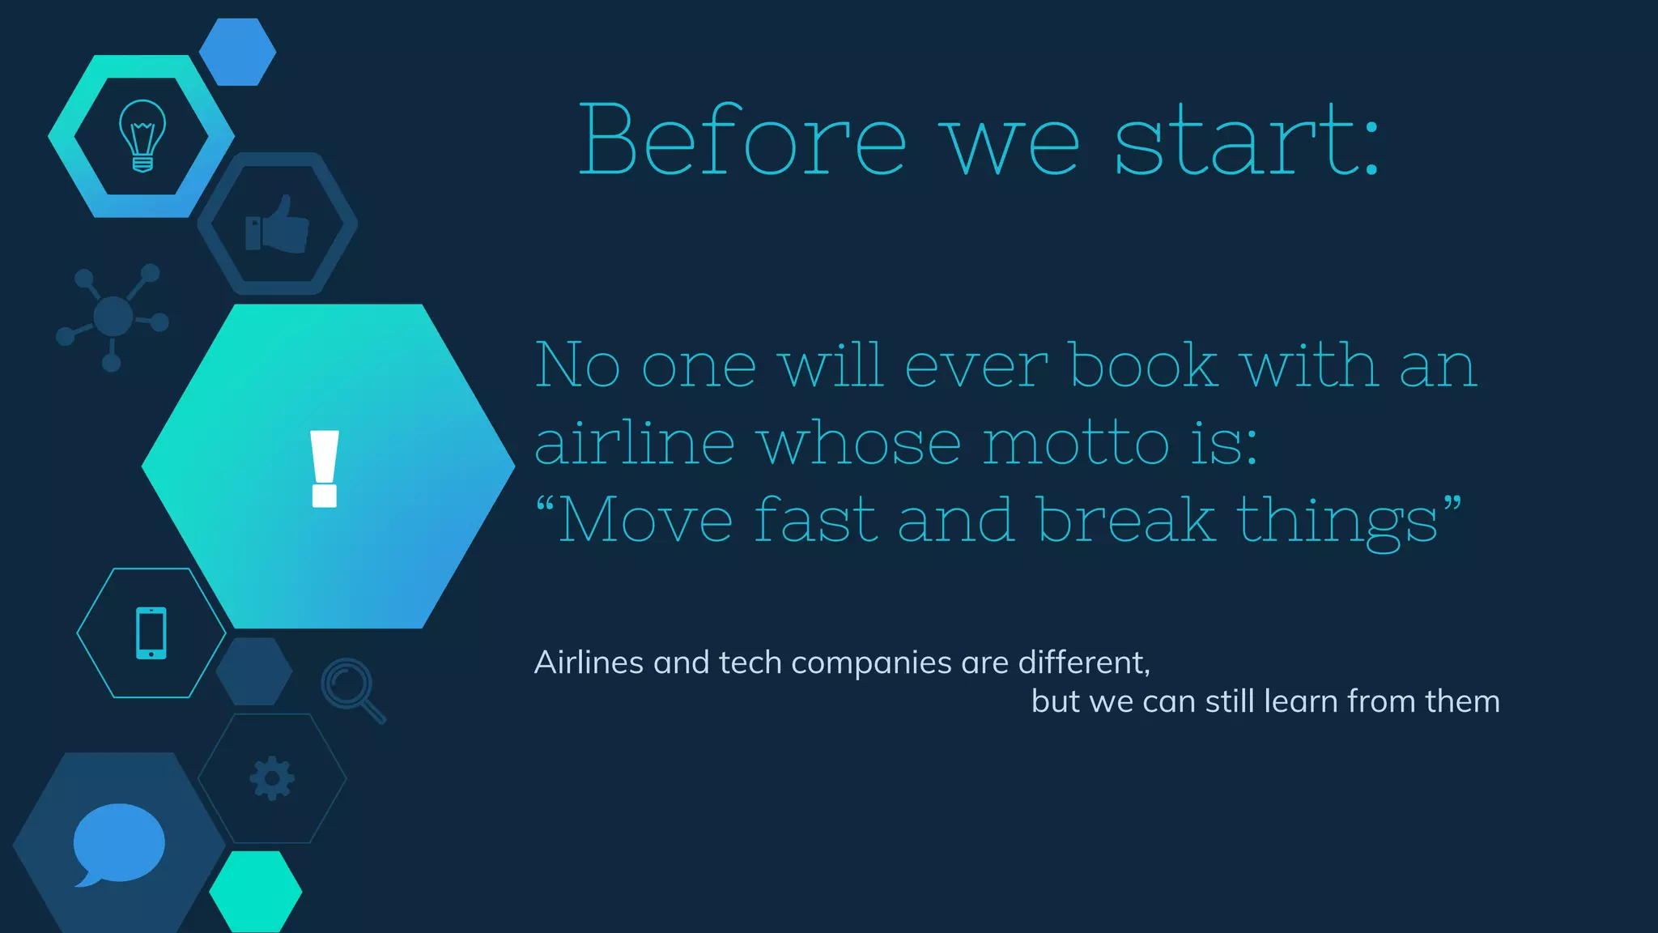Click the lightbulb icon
(x=142, y=135)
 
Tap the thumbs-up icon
(x=277, y=224)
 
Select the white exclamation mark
(x=325, y=468)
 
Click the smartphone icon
(x=151, y=633)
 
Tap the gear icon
(x=272, y=778)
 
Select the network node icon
(x=112, y=316)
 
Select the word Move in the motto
(x=646, y=520)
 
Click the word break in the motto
(x=1126, y=520)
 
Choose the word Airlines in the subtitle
(x=589, y=662)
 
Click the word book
(x=1144, y=365)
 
